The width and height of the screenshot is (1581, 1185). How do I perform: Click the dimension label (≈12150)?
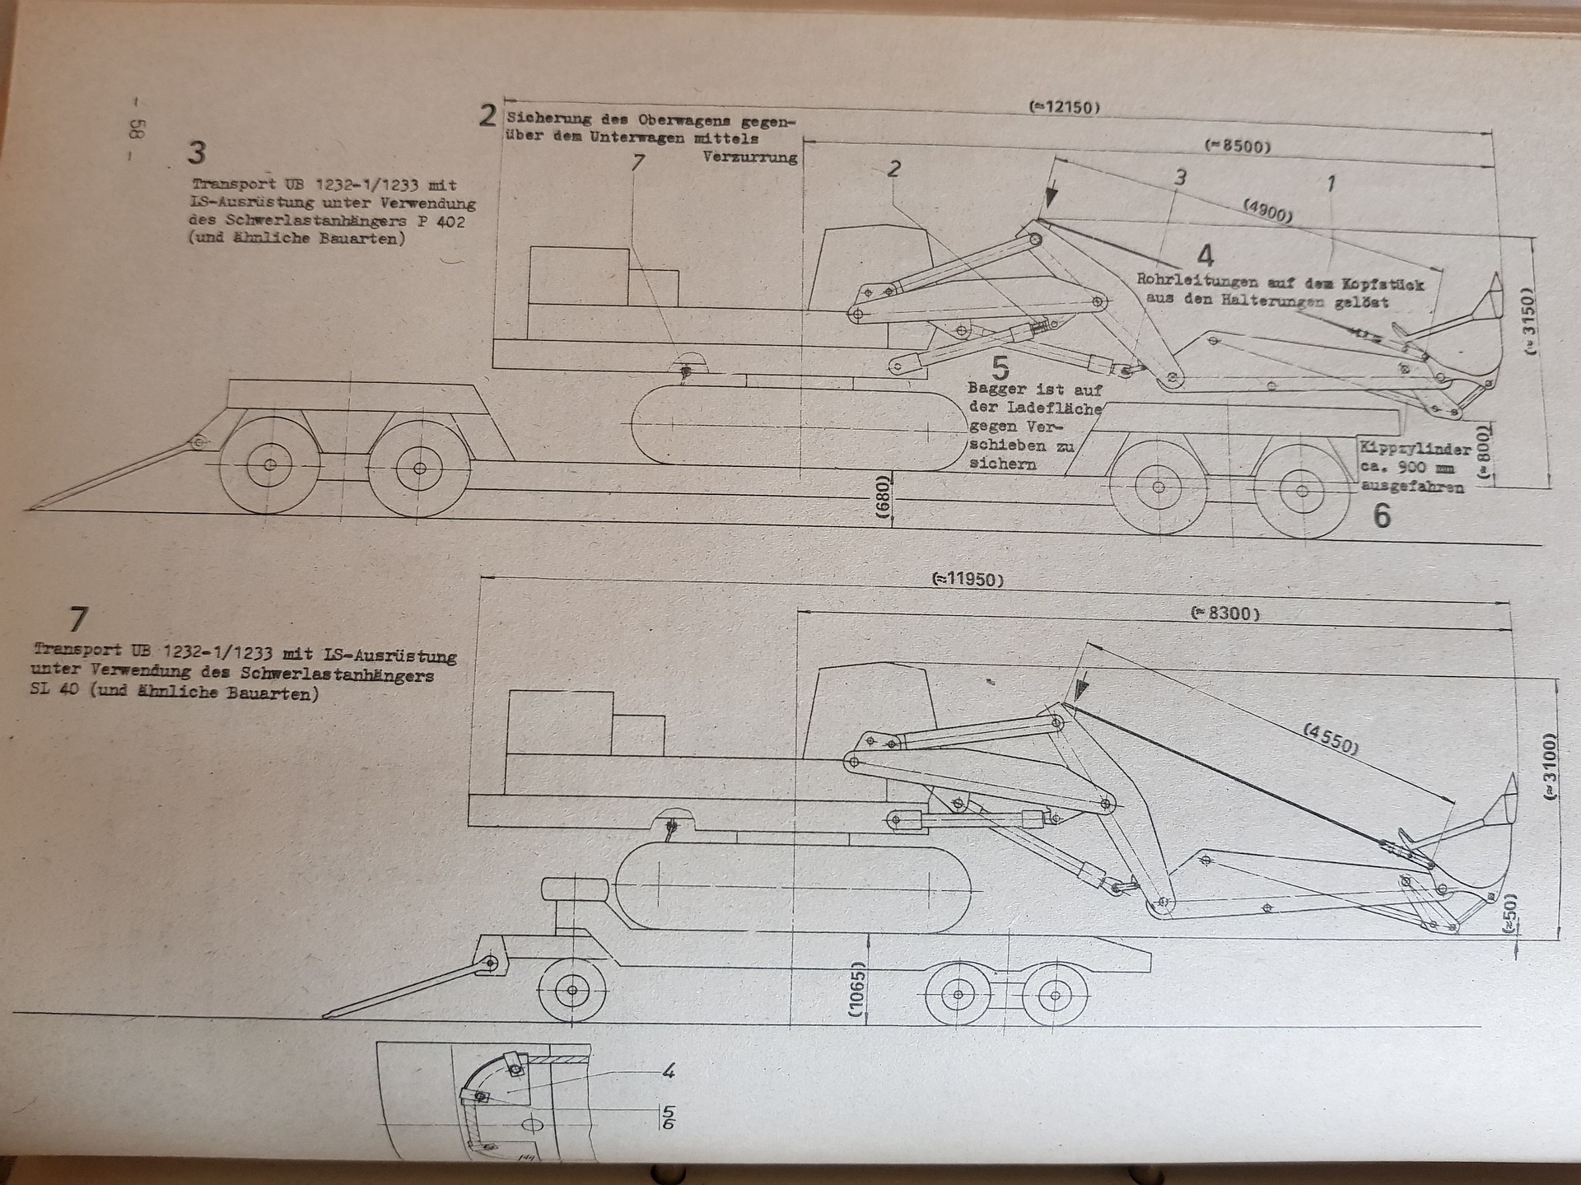(1064, 107)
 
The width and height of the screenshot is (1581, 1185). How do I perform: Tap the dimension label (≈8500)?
(1237, 147)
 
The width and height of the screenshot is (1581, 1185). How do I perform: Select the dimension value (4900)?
(1268, 212)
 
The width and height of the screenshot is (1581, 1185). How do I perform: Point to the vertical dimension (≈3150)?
(1530, 321)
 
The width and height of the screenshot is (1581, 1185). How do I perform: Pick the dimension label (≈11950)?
(968, 579)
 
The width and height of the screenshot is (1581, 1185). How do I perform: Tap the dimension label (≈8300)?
(1225, 613)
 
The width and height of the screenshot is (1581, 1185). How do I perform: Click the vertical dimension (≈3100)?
(1550, 766)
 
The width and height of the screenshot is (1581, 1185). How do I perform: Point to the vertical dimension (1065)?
(858, 991)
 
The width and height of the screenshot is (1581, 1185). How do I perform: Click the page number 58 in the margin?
(138, 129)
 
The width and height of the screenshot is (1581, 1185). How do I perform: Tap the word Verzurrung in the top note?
(750, 156)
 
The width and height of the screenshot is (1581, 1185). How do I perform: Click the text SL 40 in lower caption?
(55, 690)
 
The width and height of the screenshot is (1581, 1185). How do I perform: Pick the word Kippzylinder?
(1415, 450)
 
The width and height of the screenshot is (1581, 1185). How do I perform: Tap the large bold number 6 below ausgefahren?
(1383, 516)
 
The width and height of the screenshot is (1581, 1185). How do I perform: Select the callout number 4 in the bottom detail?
(669, 1071)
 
